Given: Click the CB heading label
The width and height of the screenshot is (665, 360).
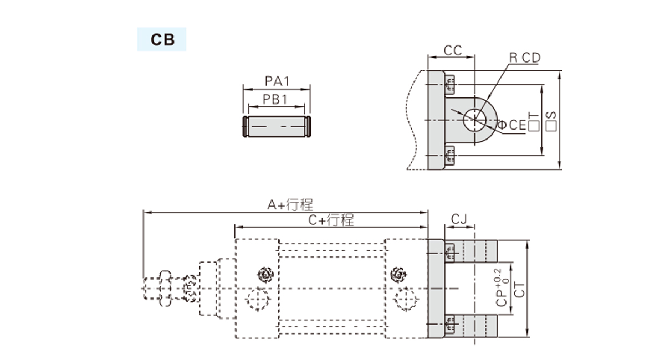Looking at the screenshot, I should [162, 40].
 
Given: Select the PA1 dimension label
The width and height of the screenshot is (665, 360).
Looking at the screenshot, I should [277, 81].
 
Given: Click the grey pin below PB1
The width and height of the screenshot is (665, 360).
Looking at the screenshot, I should [277, 127].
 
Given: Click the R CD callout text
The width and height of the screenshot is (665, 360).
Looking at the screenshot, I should [524, 58].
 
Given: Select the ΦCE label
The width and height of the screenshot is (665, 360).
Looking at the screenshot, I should [511, 125].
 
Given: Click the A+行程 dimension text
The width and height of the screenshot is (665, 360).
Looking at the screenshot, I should [290, 205].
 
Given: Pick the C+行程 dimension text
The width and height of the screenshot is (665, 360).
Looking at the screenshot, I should [331, 220].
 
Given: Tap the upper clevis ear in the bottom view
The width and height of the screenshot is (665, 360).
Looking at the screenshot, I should [479, 251].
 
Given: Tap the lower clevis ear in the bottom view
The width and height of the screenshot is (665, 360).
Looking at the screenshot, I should [479, 326].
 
